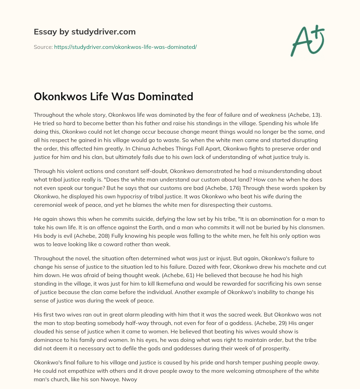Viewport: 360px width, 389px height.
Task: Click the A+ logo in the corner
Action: click(307, 40)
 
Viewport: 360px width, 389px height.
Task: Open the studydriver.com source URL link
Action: click(125, 47)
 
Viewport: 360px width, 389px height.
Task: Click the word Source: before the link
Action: click(43, 47)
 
